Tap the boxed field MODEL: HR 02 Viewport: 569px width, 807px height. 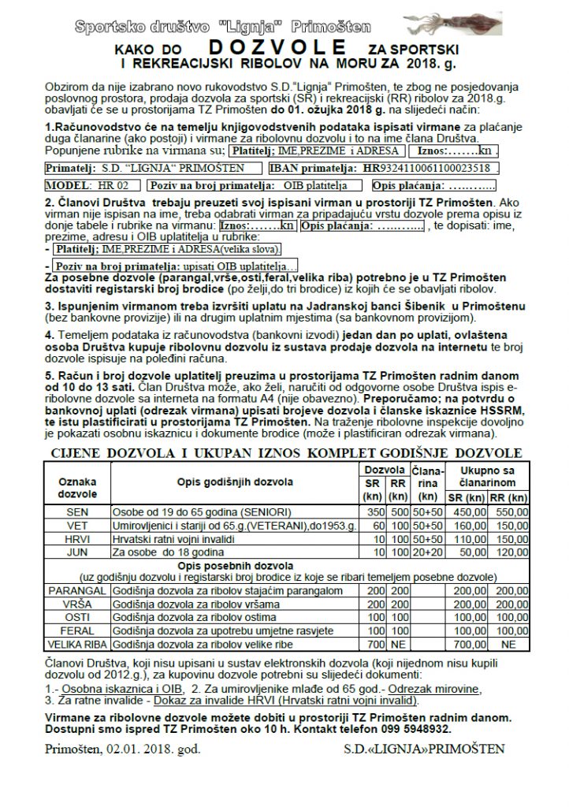(x=93, y=186)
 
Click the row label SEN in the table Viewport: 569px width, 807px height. (x=77, y=511)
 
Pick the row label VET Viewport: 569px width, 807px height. (x=77, y=524)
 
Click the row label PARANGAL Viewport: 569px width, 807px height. (x=77, y=589)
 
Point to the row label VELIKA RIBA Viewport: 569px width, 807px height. (x=77, y=644)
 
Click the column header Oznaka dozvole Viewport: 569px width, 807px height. (x=77, y=487)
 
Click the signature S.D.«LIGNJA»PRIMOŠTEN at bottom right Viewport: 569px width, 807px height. (x=425, y=748)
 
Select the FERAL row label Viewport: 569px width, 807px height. (x=77, y=630)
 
